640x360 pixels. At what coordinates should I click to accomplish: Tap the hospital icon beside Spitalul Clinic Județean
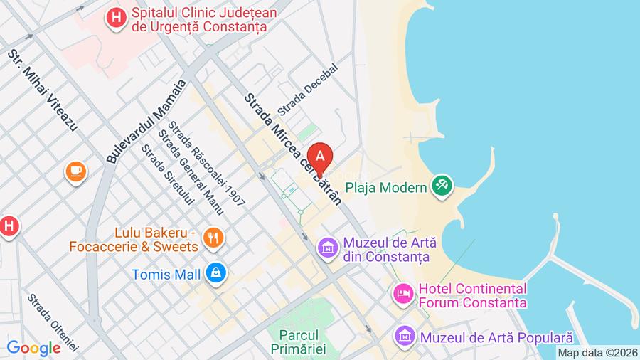point(114,17)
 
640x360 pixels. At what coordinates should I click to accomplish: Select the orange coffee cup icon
point(75,171)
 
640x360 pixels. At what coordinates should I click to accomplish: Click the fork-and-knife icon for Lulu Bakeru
point(212,238)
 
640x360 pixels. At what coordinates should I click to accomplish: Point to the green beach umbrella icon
point(442,186)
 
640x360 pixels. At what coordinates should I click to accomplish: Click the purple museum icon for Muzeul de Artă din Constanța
point(328,248)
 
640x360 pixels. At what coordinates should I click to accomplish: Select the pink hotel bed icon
point(403,293)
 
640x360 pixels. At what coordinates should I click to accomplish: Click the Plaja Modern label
point(386,188)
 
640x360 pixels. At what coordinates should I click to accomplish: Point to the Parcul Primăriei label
point(298,341)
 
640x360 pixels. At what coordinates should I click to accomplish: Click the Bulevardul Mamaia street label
point(146,122)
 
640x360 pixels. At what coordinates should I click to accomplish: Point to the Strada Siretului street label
point(168,175)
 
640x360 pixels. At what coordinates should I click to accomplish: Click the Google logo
point(34,348)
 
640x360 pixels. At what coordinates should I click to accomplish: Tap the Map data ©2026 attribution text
point(597,352)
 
